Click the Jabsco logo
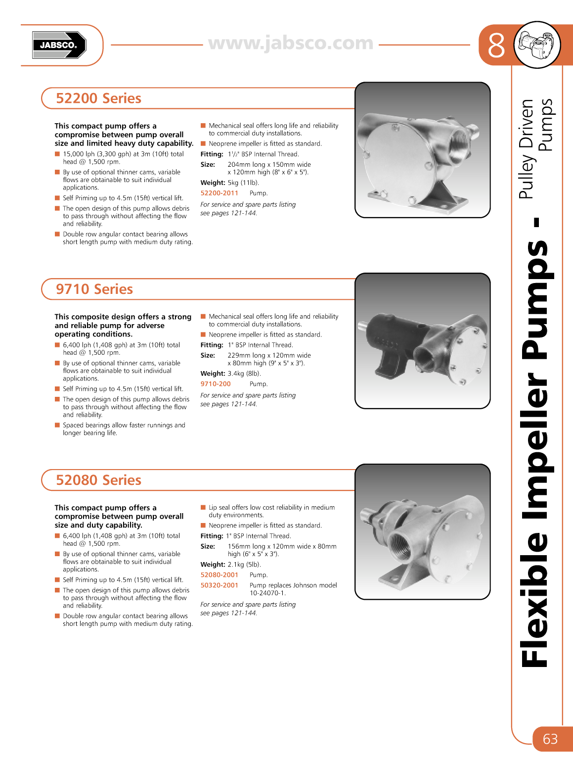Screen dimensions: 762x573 tap(59, 45)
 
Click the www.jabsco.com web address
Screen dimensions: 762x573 tap(291, 44)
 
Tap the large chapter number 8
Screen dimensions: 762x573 tap(496, 46)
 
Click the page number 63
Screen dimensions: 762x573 tap(550, 739)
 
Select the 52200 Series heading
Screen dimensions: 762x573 tap(98, 98)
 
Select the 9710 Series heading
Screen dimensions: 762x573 tap(94, 289)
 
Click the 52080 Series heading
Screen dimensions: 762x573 tap(98, 480)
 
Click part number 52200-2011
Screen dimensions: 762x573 tap(219, 193)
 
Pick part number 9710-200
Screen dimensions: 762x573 tap(216, 384)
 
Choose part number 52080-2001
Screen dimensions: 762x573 tap(219, 575)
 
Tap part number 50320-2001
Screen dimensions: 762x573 tap(219, 585)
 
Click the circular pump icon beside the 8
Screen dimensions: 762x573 tap(537, 45)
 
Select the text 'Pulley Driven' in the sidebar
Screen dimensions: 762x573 tap(527, 148)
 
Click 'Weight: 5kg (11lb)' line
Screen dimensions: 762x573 tap(229, 183)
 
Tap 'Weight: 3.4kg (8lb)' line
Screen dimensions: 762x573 tap(230, 374)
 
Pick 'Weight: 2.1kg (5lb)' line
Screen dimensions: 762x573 tap(230, 565)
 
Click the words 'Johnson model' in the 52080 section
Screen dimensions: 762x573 tap(316, 585)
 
